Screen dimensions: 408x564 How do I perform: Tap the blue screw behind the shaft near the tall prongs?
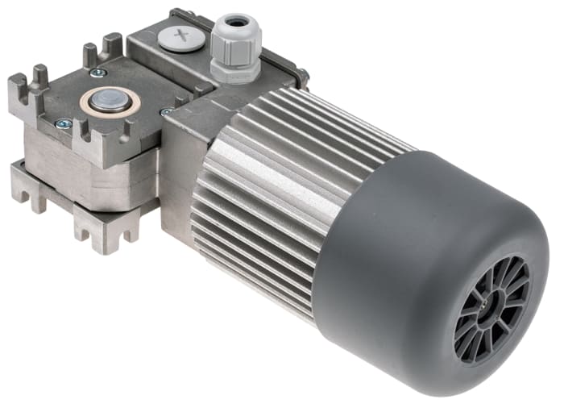point(97,73)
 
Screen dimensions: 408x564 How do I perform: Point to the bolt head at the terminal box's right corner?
point(302,77)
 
